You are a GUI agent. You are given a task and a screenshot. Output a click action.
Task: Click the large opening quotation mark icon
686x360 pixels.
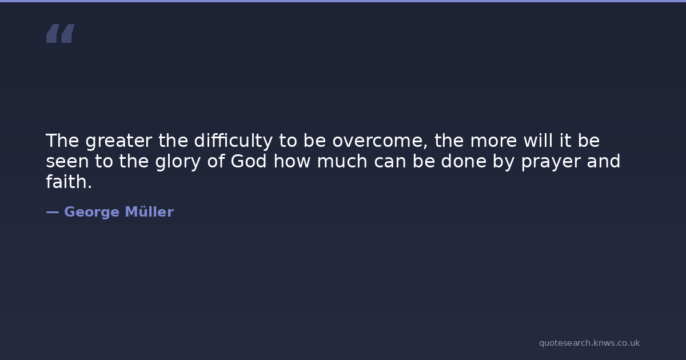coord(61,33)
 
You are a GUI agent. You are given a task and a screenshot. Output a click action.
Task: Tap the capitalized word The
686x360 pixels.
coord(62,141)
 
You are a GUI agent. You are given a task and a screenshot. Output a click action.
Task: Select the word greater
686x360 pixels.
coord(118,142)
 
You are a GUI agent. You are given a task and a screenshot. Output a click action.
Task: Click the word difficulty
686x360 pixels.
coord(233,141)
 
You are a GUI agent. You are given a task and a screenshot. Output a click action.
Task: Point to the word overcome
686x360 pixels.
coord(380,142)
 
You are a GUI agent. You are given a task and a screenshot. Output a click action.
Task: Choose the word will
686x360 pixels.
coord(538,141)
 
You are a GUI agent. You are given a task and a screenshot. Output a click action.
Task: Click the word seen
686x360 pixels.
coord(67,162)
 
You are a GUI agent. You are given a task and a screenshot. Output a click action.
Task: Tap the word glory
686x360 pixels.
coord(178,162)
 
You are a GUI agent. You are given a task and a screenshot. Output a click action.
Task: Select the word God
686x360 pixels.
coord(249,161)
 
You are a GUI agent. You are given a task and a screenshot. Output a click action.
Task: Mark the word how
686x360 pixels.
coord(292,161)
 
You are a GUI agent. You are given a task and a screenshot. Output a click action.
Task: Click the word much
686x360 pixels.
coord(342,161)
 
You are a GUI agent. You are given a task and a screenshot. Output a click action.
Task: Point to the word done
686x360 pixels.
coord(464,161)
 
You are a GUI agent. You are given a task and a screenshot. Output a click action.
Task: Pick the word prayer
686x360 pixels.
coord(551,162)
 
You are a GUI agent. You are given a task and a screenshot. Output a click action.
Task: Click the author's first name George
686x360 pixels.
coord(91,212)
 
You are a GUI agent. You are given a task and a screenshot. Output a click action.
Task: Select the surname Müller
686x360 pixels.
coord(149,211)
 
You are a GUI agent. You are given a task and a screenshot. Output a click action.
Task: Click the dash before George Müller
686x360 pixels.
coord(53,212)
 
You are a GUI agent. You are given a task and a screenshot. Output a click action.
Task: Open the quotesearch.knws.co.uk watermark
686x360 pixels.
coord(589,343)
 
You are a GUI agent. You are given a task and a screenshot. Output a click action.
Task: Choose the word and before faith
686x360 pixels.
coord(604,161)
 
